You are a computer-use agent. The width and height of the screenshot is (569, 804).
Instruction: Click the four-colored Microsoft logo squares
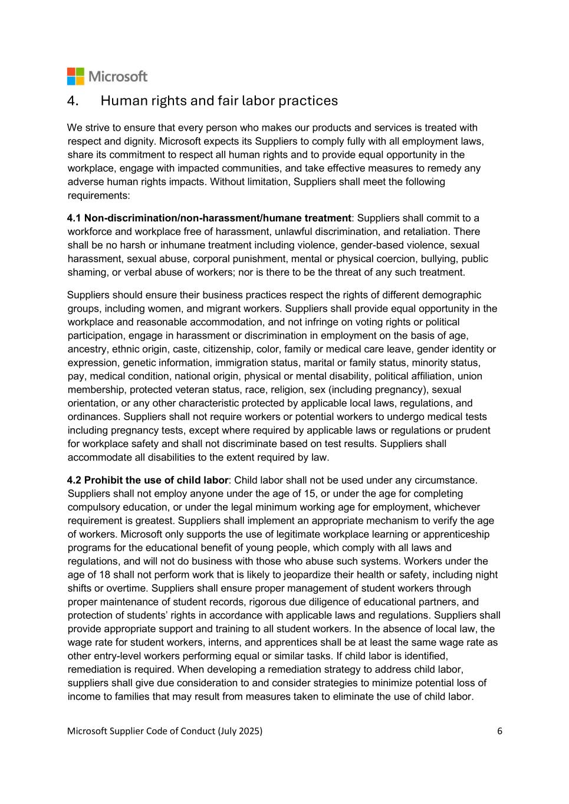[75, 77]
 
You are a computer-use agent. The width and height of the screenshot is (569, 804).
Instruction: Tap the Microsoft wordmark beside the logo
[118, 77]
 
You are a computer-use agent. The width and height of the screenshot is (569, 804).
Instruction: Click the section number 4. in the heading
[73, 101]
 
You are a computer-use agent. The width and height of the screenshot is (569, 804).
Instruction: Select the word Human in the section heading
[121, 101]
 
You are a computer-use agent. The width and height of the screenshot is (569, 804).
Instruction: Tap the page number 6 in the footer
[499, 731]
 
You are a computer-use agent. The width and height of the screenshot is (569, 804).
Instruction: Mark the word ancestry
[87, 349]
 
